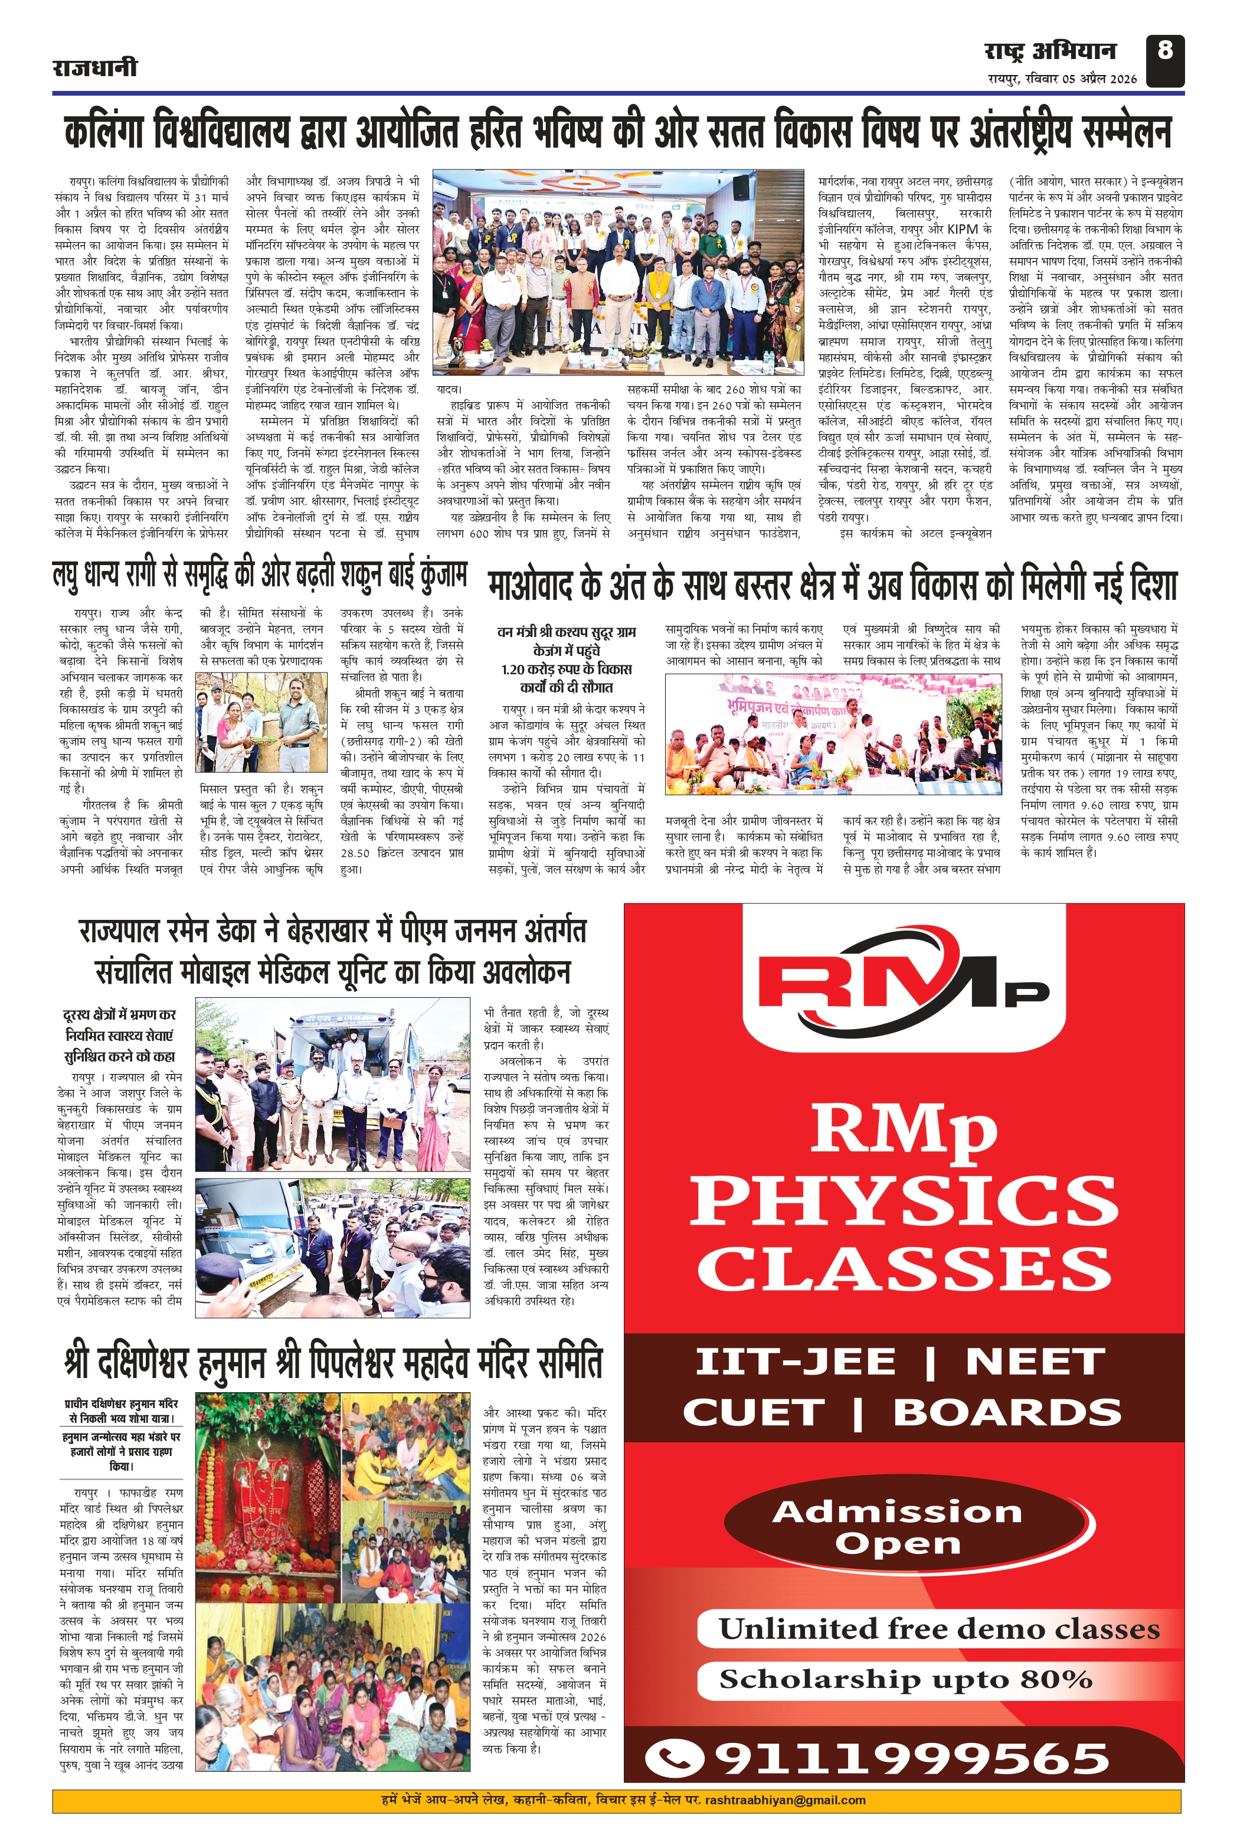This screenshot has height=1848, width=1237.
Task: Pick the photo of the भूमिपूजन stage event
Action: click(832, 733)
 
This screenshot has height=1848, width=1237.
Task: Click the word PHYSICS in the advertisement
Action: click(904, 1200)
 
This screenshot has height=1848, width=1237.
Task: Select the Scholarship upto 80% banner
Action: click(905, 1680)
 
